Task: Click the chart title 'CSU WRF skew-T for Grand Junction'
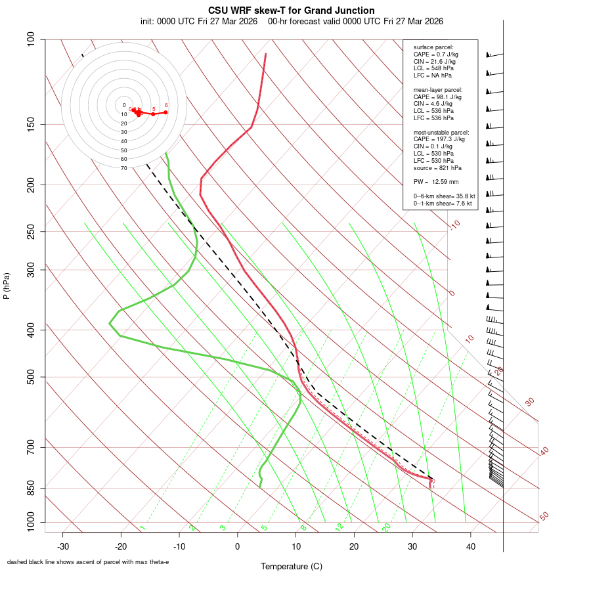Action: pyautogui.click(x=292, y=11)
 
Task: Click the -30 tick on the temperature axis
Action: pyautogui.click(x=63, y=546)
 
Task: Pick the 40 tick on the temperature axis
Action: pyautogui.click(x=471, y=546)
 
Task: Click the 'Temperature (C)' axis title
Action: pyautogui.click(x=292, y=566)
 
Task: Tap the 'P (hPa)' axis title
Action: pyautogui.click(x=7, y=286)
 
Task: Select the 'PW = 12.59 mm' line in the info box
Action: pyautogui.click(x=436, y=182)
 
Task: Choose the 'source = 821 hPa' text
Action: pyautogui.click(x=437, y=167)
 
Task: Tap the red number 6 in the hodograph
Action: pyautogui.click(x=166, y=105)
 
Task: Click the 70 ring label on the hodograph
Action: pyautogui.click(x=124, y=168)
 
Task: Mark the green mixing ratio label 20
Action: pyautogui.click(x=386, y=527)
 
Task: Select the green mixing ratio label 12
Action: pyautogui.click(x=339, y=527)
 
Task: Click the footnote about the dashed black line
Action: pyautogui.click(x=88, y=562)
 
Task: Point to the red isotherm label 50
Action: pyautogui.click(x=544, y=517)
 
